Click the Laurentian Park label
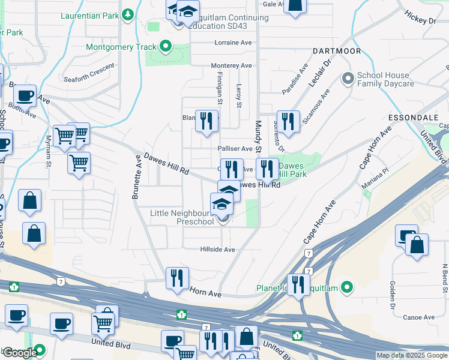[89, 14]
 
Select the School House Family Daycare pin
[347, 79]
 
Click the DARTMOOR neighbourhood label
[337, 51]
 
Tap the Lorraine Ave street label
[233, 43]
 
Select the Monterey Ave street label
[231, 65]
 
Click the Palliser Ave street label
[235, 149]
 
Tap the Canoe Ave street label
[419, 317]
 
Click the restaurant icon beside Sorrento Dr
[288, 122]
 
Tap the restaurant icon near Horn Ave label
[177, 278]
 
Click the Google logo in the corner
[20, 353]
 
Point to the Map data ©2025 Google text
[412, 355]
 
